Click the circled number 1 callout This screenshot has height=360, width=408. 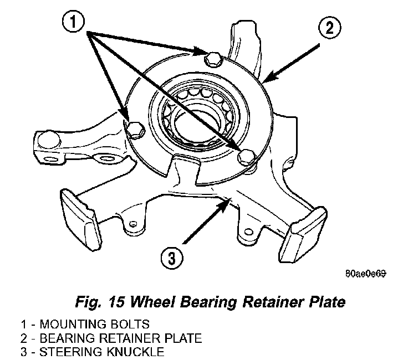click(x=73, y=22)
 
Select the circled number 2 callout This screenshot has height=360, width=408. click(x=329, y=28)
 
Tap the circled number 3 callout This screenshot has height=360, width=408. click(x=172, y=258)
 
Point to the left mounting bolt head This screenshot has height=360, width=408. click(x=136, y=129)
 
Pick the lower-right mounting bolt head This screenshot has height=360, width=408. click(x=247, y=157)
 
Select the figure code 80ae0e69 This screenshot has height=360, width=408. click(x=366, y=274)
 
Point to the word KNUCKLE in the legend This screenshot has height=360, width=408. click(x=135, y=352)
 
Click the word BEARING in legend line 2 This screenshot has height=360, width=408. click(x=68, y=338)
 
